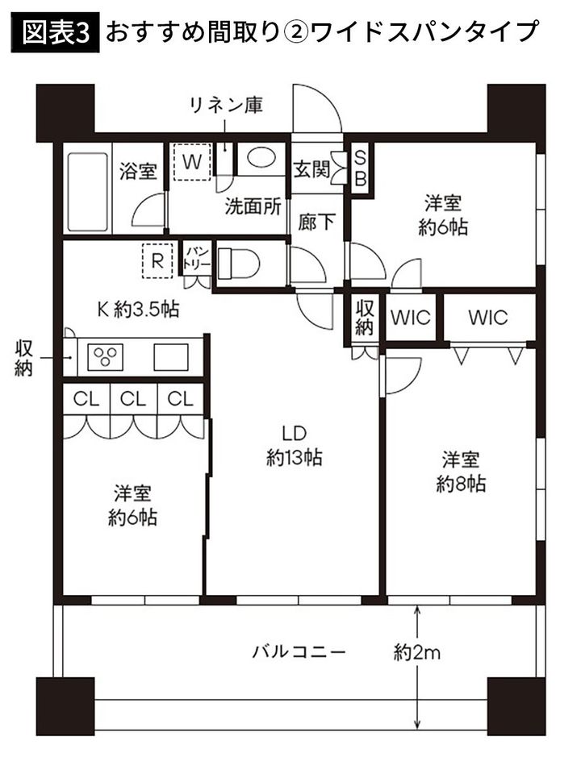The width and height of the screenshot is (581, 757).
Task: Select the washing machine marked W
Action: [191, 161]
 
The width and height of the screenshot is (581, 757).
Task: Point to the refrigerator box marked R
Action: [158, 261]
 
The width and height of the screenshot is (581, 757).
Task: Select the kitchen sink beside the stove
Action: [171, 356]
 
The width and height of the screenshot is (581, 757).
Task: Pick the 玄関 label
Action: [311, 169]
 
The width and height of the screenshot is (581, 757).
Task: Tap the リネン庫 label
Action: [225, 105]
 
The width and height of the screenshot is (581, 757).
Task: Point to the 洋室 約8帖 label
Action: [461, 472]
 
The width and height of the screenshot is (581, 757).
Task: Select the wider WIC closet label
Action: [488, 317]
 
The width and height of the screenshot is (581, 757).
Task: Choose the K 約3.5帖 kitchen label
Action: [139, 309]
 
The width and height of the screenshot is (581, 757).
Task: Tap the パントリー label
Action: [197, 258]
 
